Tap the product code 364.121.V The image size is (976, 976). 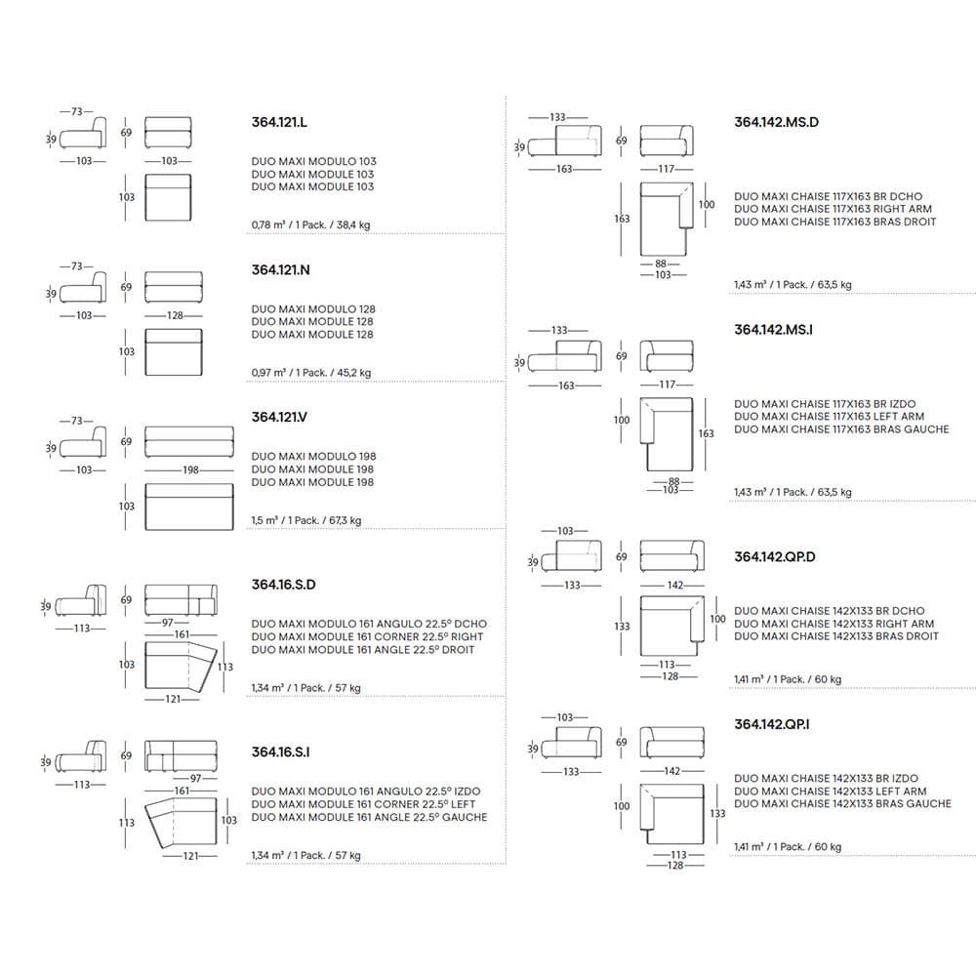280,417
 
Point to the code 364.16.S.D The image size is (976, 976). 284,586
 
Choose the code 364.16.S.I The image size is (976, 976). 281,752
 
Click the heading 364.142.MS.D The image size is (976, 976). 776,123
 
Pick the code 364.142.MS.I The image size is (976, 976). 773,330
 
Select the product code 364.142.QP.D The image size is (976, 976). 774,557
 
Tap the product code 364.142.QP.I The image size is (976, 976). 772,723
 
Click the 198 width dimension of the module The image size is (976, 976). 190,469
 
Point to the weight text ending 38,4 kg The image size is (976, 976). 310,225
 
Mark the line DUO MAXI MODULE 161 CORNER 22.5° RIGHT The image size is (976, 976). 367,637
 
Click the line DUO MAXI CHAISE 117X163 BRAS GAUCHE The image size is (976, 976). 841,429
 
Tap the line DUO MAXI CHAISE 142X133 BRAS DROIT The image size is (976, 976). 836,636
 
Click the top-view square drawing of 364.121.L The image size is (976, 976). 168,197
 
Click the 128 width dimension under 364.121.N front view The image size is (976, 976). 174,315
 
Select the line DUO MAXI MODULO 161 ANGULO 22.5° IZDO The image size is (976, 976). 365,792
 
